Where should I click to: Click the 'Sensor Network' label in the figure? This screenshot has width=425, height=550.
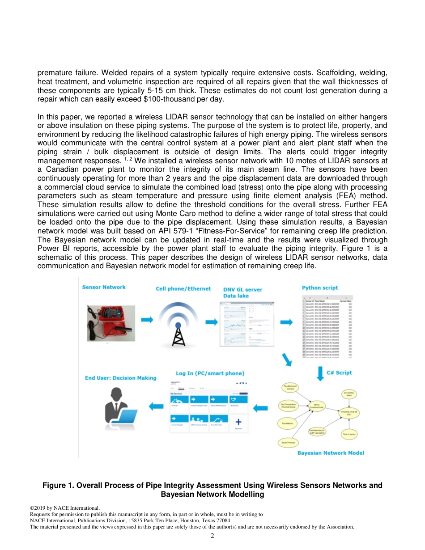pos(104,287)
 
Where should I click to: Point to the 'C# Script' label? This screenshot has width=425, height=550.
pos(339,372)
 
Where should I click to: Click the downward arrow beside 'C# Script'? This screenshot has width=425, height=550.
pos(320,373)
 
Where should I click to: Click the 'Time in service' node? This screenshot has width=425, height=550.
pos(349,434)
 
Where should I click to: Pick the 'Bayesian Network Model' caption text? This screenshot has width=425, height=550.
pos(331,453)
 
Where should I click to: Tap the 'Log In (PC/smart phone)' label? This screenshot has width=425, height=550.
pos(210,373)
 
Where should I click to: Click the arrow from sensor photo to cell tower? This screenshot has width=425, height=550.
pos(147,319)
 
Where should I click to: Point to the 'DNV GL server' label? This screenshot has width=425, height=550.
pos(242,290)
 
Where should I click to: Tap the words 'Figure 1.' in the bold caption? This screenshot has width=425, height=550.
pos(58,485)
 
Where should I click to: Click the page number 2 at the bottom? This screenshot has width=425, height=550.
pos(212,536)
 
